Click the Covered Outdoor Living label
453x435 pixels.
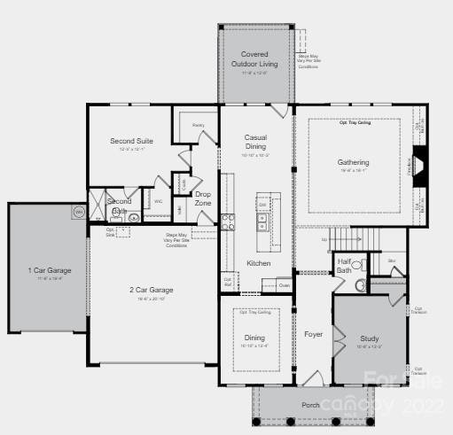[x=254, y=59]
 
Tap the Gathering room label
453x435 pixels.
[x=353, y=163]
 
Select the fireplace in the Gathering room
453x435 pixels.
[x=421, y=164]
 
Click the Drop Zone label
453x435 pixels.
[x=203, y=198]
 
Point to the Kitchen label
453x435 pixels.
[x=258, y=263]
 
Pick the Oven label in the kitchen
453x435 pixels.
[x=284, y=285]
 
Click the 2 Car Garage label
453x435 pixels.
[x=152, y=290]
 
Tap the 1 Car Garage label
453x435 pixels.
[x=49, y=270]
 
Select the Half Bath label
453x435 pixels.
[x=344, y=265]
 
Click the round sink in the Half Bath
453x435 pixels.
[x=358, y=286]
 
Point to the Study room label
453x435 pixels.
[x=370, y=339]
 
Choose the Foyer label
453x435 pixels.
[x=314, y=335]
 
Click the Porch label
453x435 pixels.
[x=310, y=406]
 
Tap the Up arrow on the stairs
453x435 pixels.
[x=324, y=239]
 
